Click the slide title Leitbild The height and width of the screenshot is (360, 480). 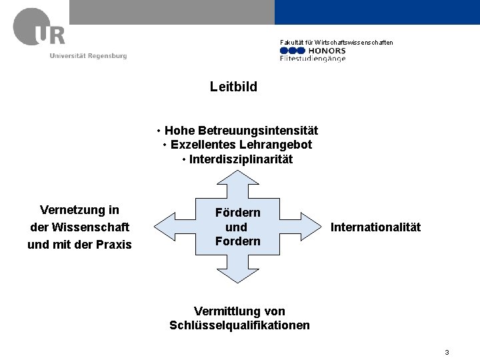[233, 87]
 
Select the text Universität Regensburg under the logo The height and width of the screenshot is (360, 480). [88, 55]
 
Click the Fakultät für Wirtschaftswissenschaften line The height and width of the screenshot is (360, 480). [336, 43]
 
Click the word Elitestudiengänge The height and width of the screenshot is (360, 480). [313, 59]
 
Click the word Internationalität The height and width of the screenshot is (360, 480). [376, 228]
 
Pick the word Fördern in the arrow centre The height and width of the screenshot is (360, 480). [238, 213]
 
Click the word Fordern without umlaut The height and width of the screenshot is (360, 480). [238, 241]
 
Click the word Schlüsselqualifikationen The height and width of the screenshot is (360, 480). [239, 326]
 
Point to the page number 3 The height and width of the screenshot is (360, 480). [447, 352]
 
